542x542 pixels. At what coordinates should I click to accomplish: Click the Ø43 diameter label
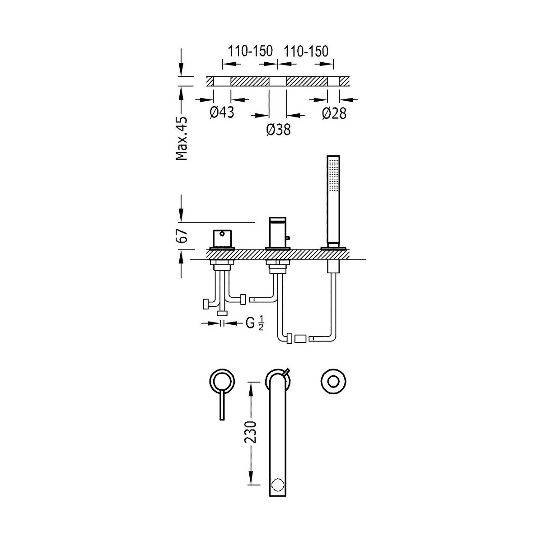tap(222, 112)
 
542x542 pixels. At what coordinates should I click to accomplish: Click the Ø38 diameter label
tap(278, 130)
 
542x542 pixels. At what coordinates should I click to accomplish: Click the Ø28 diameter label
tap(334, 113)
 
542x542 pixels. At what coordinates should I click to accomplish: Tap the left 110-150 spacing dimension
tap(250, 51)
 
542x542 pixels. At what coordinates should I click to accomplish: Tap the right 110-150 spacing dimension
tap(306, 51)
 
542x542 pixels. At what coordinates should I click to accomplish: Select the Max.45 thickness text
tap(182, 138)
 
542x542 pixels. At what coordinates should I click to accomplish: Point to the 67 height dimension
tap(182, 236)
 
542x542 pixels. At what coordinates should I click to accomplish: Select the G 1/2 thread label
tap(255, 323)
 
